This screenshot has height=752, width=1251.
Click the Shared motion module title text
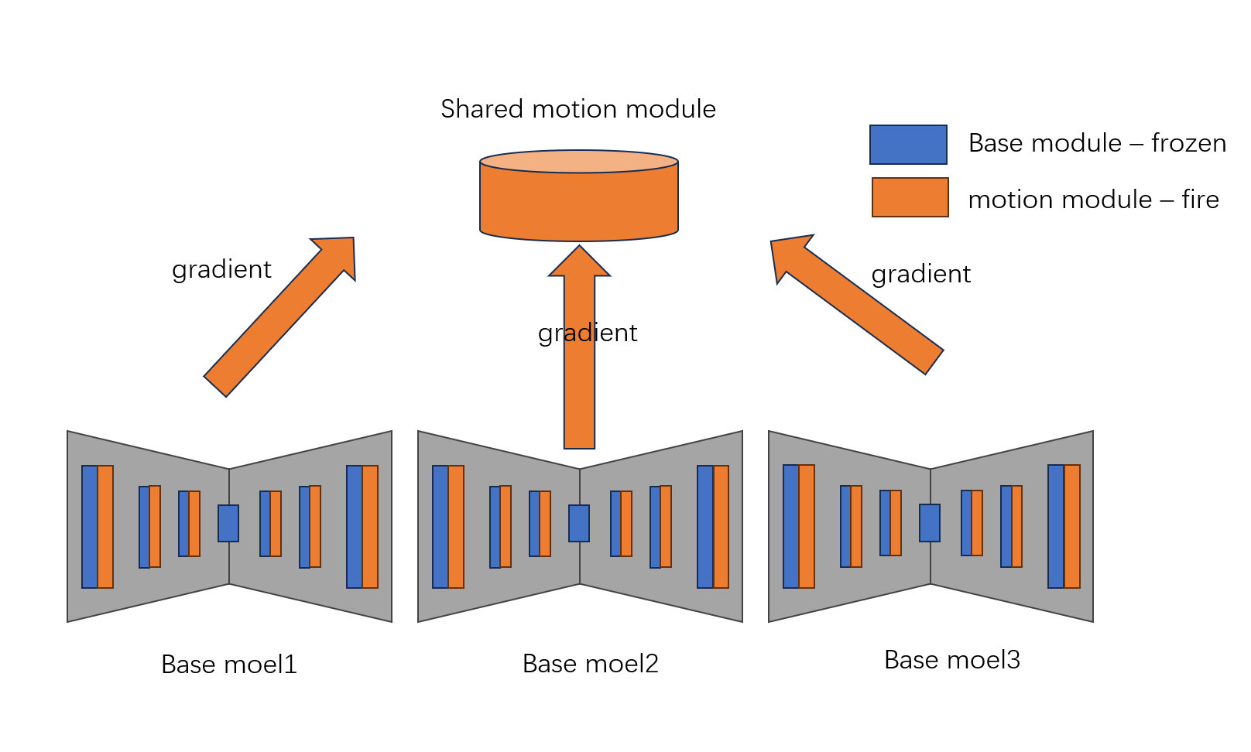[x=578, y=109]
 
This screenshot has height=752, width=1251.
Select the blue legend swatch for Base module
[x=908, y=145]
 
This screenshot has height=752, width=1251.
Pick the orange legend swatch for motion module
[x=910, y=197]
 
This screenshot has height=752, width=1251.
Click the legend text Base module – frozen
[x=1097, y=143]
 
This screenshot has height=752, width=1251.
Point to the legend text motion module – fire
[x=1093, y=200]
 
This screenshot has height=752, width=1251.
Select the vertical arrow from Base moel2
[x=579, y=387]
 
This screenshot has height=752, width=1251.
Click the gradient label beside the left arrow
[x=221, y=269]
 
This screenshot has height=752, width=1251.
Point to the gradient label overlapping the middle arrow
[x=588, y=333]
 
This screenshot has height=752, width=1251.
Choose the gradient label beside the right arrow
[x=920, y=274]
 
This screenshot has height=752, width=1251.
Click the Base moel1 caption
[x=228, y=665]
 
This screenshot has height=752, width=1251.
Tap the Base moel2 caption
[x=590, y=664]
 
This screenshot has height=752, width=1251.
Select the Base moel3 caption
[x=951, y=660]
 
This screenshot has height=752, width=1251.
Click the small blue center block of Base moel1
[x=228, y=523]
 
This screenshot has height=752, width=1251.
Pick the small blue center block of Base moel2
[x=579, y=523]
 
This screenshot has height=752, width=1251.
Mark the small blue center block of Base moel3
[x=930, y=523]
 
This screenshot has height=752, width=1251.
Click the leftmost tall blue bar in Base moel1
[x=90, y=526]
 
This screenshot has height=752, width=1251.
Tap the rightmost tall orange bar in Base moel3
[x=1072, y=526]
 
